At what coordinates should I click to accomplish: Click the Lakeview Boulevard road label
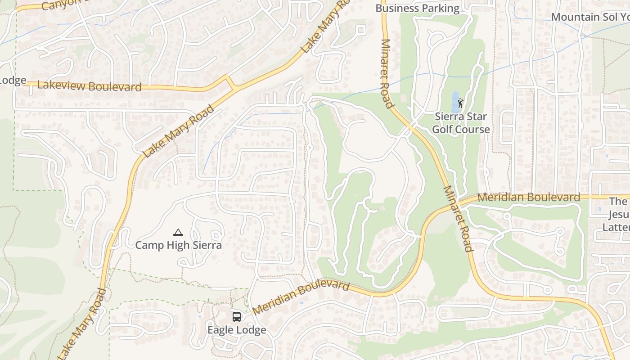[x=89, y=86]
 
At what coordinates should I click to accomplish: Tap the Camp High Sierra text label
[x=178, y=245]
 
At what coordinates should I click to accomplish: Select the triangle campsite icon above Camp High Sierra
[x=178, y=233]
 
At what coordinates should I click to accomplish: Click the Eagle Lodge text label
[x=236, y=330]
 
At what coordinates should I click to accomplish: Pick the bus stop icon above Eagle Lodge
[x=237, y=317]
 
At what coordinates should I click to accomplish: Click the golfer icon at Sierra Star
[x=460, y=103]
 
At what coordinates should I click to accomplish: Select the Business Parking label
[x=417, y=8]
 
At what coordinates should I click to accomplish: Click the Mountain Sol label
[x=589, y=17]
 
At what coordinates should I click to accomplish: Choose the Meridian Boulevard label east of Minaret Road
[x=529, y=197]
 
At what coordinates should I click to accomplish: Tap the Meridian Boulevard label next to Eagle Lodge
[x=301, y=297]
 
